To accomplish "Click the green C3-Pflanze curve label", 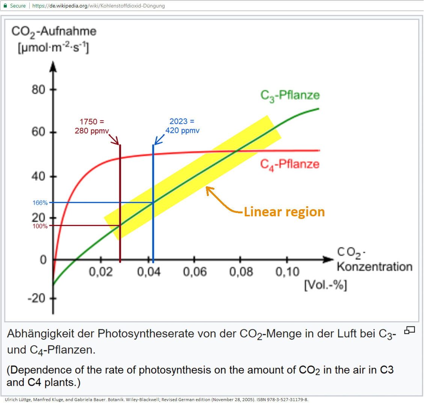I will click(x=290, y=95).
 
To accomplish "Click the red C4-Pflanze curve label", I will click(x=290, y=164).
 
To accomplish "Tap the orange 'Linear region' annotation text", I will click(x=284, y=212).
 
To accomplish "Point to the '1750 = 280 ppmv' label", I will click(x=92, y=126).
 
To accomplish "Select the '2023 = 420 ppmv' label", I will click(x=182, y=126).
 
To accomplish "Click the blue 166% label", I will click(x=40, y=203).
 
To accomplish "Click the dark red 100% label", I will click(x=40, y=226).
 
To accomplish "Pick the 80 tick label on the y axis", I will click(x=38, y=90).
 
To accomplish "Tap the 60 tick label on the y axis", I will click(x=38, y=132).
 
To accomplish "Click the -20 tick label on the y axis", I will click(x=36, y=299).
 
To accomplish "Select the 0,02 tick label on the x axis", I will click(x=101, y=272).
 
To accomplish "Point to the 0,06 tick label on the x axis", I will click(x=195, y=272).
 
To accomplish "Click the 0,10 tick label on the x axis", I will click(x=287, y=272).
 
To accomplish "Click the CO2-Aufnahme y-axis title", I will click(x=54, y=31).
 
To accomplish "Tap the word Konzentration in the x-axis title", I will click(x=374, y=267).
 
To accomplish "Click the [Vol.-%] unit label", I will click(x=325, y=285).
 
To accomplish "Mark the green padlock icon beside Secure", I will click(x=5, y=6).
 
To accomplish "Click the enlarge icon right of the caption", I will click(x=409, y=331).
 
